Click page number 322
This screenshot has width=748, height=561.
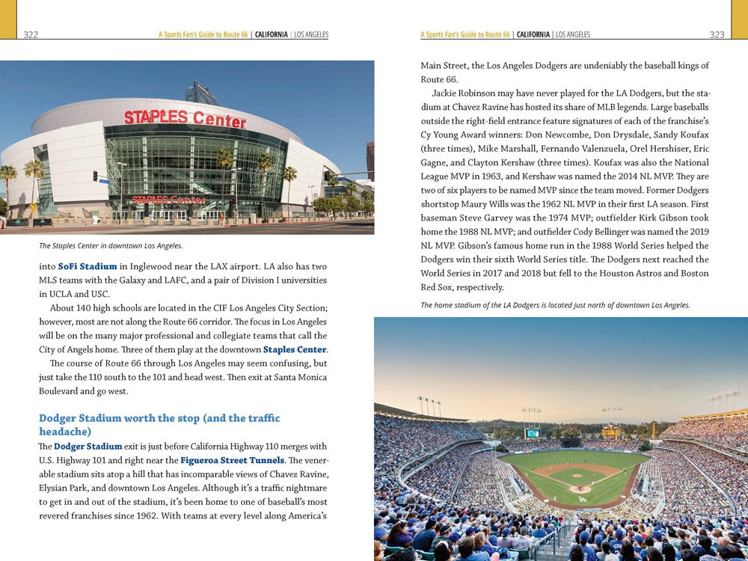coord(31,34)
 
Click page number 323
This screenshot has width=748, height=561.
coord(717,34)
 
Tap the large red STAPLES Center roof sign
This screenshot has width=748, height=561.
coord(185,118)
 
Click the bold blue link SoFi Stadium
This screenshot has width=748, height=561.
coord(88,266)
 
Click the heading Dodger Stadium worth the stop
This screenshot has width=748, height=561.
coord(159,418)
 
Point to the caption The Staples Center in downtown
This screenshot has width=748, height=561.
coord(111,245)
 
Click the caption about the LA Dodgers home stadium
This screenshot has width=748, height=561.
coord(555,304)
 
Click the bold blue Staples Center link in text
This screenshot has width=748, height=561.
coord(295,349)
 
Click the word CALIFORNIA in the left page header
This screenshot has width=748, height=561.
coord(272,34)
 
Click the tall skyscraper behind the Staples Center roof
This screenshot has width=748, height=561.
coord(200,93)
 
